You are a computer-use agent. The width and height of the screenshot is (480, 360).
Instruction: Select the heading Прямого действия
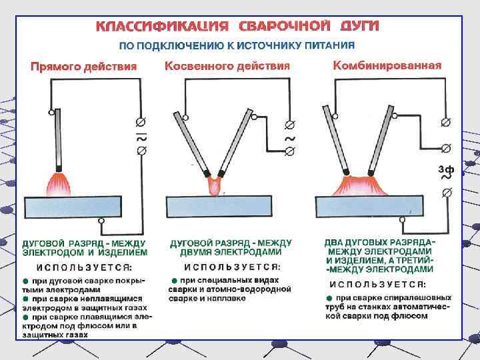(x=83, y=66)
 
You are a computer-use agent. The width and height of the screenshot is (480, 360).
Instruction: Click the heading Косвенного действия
(x=227, y=66)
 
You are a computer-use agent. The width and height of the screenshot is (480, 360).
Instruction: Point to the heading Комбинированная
(x=387, y=65)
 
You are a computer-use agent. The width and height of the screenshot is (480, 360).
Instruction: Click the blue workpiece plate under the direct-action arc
(x=73, y=207)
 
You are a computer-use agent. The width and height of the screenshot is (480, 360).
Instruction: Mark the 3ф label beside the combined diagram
(x=446, y=169)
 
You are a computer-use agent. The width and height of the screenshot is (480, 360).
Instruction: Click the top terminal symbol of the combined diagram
(x=446, y=123)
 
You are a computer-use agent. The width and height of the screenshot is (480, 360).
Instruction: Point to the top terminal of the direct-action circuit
(x=141, y=123)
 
